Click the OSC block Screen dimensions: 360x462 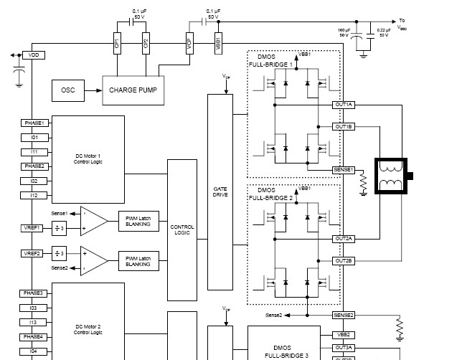[x=69, y=90]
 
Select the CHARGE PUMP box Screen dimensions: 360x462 [x=133, y=90]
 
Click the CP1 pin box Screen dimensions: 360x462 [x=117, y=42]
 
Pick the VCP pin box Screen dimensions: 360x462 [x=189, y=42]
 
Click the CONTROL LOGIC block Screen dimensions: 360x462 [x=182, y=229]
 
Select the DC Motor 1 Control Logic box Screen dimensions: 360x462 [x=89, y=158]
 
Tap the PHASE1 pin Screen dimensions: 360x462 [x=34, y=123]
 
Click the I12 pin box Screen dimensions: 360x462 [x=34, y=195]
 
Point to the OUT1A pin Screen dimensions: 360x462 [x=344, y=105]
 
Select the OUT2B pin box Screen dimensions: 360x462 [x=344, y=260]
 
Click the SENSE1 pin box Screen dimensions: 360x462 [x=344, y=169]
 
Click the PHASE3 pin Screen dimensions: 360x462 [x=34, y=293]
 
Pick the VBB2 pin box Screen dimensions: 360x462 [x=344, y=334]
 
